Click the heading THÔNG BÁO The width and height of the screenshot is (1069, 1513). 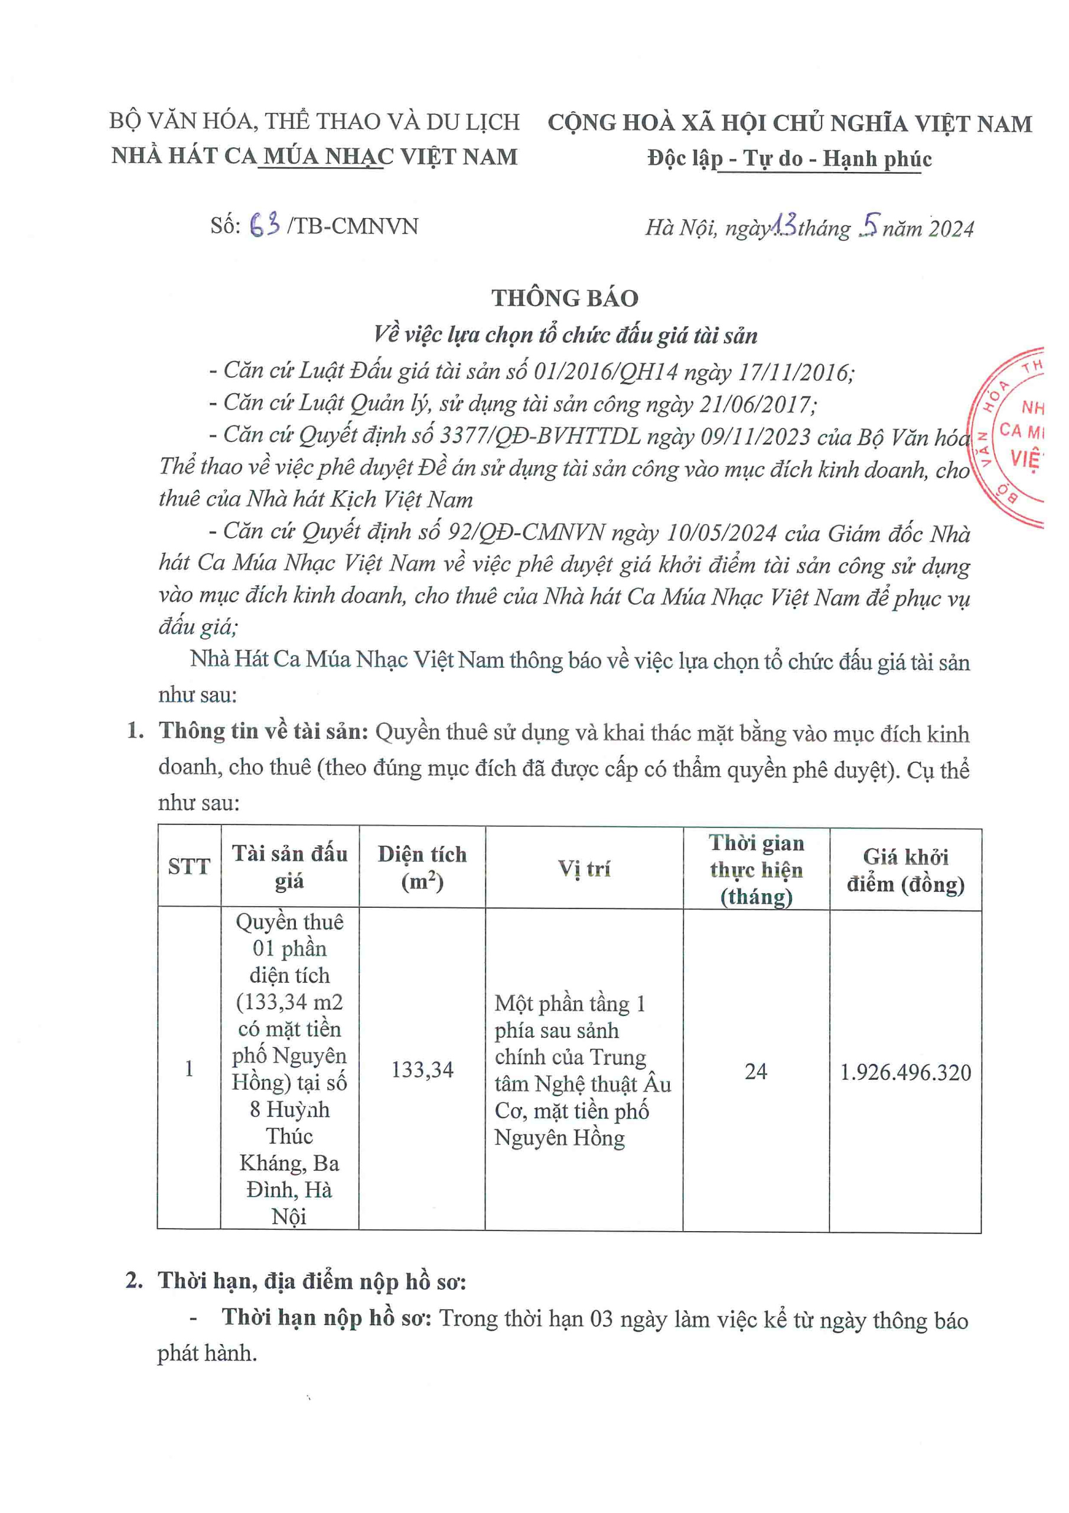coord(565,298)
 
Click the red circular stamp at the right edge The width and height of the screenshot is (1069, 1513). coord(1011,438)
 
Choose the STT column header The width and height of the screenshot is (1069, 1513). coord(188,866)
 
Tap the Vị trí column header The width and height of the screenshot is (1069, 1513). coord(584,869)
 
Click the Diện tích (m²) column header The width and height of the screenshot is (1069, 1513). coord(422,867)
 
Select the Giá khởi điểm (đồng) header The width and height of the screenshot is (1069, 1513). coord(905,870)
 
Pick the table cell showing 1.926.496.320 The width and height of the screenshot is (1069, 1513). coord(905,1073)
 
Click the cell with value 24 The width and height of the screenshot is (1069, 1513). coord(755,1072)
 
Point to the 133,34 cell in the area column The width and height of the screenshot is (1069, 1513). coord(422,1070)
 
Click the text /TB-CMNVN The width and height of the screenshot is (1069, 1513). coord(353,226)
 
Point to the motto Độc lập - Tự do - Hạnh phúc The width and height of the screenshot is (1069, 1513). coord(789,159)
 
